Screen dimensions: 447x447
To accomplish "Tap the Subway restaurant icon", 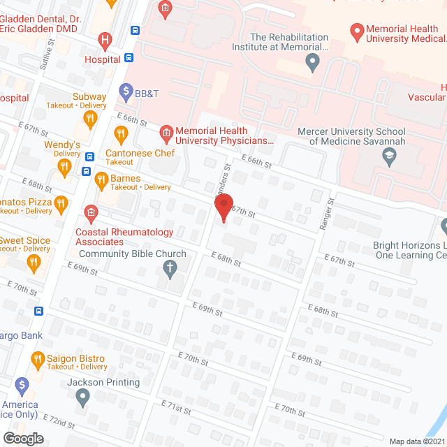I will click(89, 119).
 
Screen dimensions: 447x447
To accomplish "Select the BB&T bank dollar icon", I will click(126, 89).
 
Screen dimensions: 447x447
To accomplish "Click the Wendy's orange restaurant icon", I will click(64, 166).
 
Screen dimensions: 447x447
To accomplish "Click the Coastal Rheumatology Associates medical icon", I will click(90, 212).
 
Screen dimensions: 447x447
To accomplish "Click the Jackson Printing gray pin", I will click(83, 397).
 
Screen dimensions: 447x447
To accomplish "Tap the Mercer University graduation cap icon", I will click(388, 157).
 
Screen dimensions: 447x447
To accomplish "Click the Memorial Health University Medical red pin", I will click(357, 31).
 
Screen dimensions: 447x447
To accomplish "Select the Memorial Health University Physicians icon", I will click(166, 131).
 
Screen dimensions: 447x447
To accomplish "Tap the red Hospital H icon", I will click(105, 41).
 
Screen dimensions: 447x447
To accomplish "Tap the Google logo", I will click(23, 439).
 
